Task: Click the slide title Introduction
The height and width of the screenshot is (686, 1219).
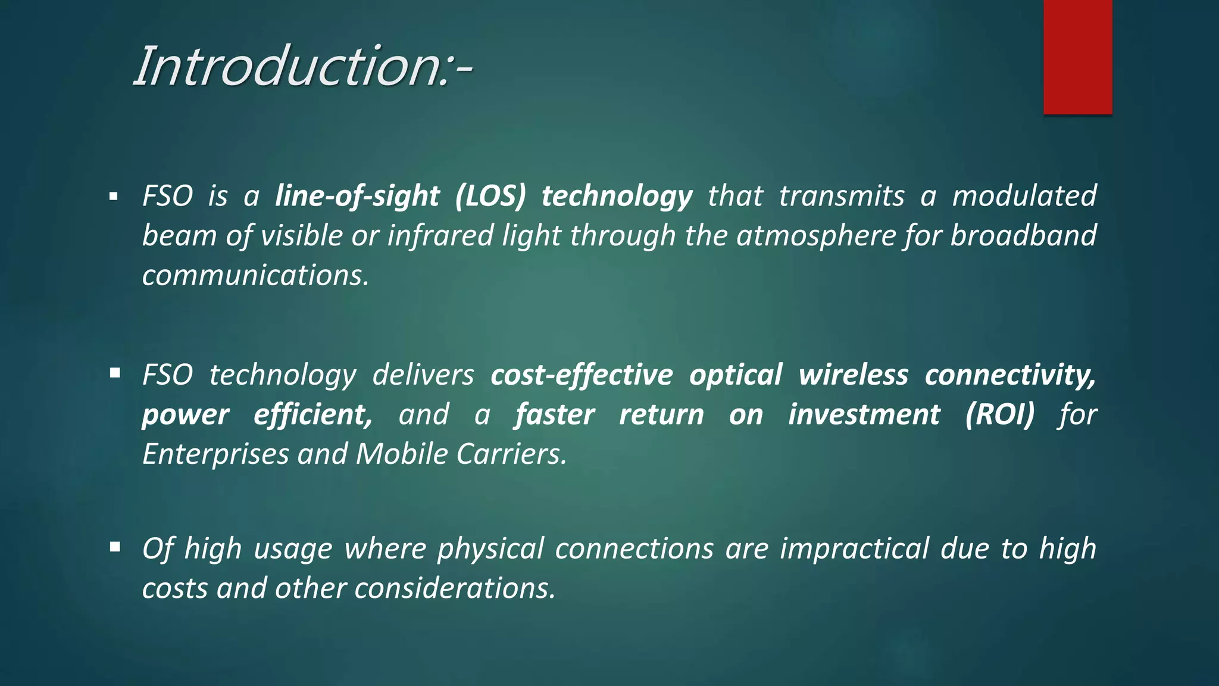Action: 302,66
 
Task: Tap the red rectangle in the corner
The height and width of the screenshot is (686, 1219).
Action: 1077,57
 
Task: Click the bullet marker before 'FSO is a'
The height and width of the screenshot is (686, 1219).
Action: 114,197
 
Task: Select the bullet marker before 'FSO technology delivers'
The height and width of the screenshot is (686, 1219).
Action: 115,373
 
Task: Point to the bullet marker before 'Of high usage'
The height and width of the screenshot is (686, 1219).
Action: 115,547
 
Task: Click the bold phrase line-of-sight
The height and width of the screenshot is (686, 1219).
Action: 357,196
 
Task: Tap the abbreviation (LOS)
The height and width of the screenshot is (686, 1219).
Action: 490,196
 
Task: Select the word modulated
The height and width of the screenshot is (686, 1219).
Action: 1024,196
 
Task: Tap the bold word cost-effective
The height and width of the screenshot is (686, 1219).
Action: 582,375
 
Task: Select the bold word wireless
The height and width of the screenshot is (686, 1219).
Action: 853,375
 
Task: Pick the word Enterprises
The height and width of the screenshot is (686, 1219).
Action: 215,454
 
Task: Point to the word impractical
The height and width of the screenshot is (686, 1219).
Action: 854,548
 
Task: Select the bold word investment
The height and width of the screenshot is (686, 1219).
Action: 864,414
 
